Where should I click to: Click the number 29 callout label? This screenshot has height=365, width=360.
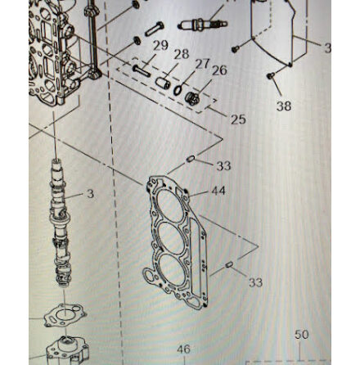160,46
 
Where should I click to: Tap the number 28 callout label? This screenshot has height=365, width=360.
181,54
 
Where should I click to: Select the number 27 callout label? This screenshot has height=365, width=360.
202,65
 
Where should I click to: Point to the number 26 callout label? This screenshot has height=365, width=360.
219,70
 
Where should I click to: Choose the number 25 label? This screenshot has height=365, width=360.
238,119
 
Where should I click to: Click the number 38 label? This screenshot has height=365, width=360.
284,106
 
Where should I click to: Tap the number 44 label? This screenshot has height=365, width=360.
218,191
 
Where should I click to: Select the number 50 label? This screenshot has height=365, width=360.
301,335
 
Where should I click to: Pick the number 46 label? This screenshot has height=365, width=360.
183,349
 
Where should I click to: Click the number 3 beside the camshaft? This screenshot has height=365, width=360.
90,194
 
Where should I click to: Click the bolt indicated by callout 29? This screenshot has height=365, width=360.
142,70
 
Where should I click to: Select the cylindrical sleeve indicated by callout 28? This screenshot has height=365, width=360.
163,83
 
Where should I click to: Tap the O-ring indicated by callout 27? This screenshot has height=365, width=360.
178,90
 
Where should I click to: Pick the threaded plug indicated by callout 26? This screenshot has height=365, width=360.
191,99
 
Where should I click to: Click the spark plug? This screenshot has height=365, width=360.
202,25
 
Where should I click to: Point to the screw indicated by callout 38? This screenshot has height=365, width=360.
271,76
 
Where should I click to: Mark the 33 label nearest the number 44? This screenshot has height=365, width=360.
223,165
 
